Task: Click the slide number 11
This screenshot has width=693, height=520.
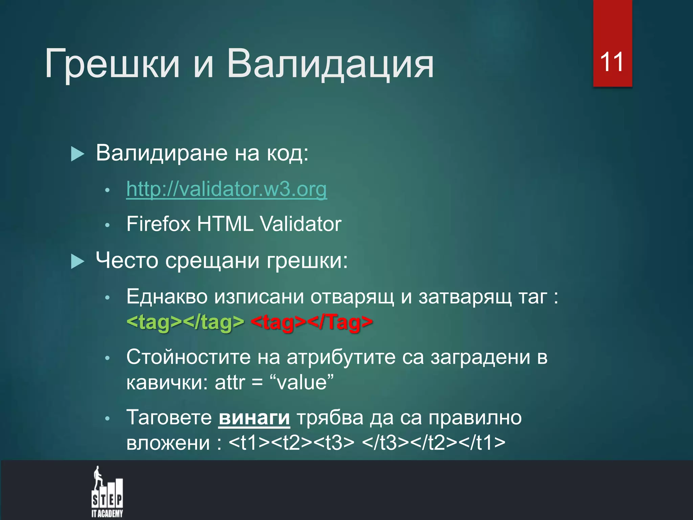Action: [612, 62]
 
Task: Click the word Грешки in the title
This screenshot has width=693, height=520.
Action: [112, 64]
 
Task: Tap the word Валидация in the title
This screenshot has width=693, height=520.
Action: [330, 64]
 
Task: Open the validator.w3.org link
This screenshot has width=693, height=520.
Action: [226, 189]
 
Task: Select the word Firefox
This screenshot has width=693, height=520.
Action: [158, 224]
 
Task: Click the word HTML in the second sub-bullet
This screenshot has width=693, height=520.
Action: [225, 224]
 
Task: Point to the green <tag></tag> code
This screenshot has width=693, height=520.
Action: [185, 322]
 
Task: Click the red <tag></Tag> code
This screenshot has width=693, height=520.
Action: [312, 322]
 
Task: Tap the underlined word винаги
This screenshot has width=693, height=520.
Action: [254, 418]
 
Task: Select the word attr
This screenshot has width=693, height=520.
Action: [230, 383]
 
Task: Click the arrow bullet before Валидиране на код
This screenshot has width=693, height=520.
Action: [77, 154]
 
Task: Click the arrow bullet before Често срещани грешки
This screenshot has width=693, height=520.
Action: [77, 262]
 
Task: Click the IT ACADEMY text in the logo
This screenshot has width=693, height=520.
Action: [107, 514]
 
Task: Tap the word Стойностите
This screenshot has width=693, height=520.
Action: [188, 357]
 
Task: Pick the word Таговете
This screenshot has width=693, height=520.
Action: [169, 418]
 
